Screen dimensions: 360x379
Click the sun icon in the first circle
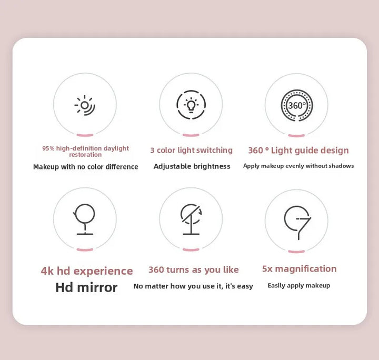click(85, 105)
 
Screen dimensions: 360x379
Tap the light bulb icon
click(191, 105)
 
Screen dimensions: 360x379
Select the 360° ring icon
click(296, 105)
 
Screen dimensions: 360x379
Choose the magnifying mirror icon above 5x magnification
click(297, 219)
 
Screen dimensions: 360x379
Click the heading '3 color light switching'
click(191, 151)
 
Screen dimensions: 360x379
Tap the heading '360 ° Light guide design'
click(298, 151)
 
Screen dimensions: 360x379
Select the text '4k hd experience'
click(87, 271)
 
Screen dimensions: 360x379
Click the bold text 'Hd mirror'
click(86, 287)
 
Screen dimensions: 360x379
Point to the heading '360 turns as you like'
click(193, 270)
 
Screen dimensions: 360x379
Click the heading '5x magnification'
click(299, 269)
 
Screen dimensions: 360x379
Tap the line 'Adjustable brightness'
click(192, 166)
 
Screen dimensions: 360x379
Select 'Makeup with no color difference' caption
click(85, 167)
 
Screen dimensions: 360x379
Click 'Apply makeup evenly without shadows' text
click(298, 166)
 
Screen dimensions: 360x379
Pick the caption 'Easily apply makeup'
click(298, 285)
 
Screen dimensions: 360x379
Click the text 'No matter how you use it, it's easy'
click(193, 286)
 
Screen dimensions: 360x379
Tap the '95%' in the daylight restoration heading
click(48, 148)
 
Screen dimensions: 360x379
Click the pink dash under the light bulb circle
click(191, 135)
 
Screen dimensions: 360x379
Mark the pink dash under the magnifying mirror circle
click(296, 249)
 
